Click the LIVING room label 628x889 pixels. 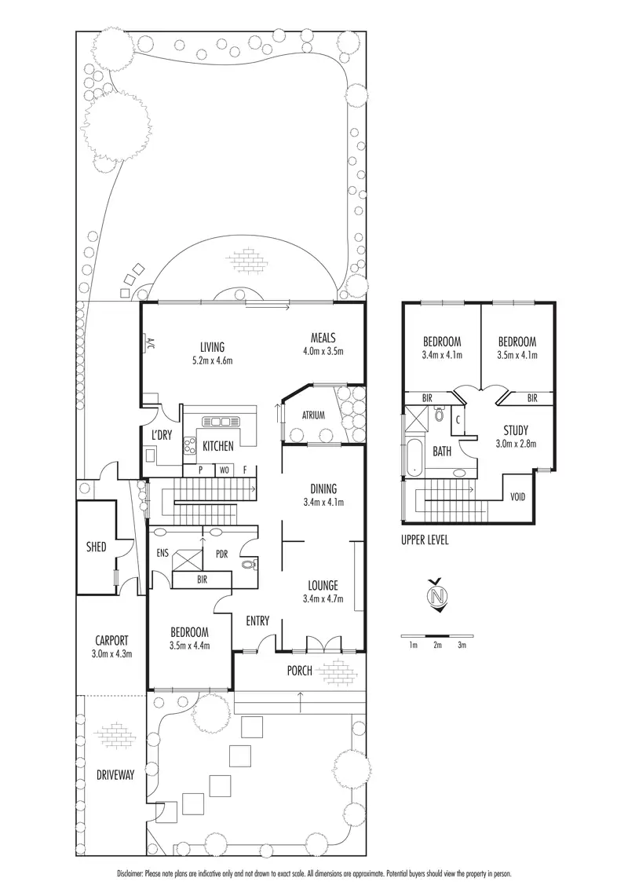212,347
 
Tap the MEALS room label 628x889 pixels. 323,338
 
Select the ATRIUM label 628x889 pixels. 313,415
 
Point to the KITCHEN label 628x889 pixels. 218,446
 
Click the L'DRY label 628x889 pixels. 162,435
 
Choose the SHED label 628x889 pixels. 96,547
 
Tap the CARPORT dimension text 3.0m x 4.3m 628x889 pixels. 111,653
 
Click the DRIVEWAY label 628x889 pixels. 115,775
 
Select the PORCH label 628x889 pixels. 299,671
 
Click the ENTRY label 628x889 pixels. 257,621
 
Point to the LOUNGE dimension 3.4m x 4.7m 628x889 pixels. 323,598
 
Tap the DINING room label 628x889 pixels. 323,488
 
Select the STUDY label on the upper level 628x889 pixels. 516,430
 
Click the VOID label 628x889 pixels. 518,497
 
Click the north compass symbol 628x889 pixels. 436,596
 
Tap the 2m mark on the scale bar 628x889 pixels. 437,646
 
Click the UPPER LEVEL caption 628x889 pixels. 425,540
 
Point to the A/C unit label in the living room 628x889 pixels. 150,343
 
